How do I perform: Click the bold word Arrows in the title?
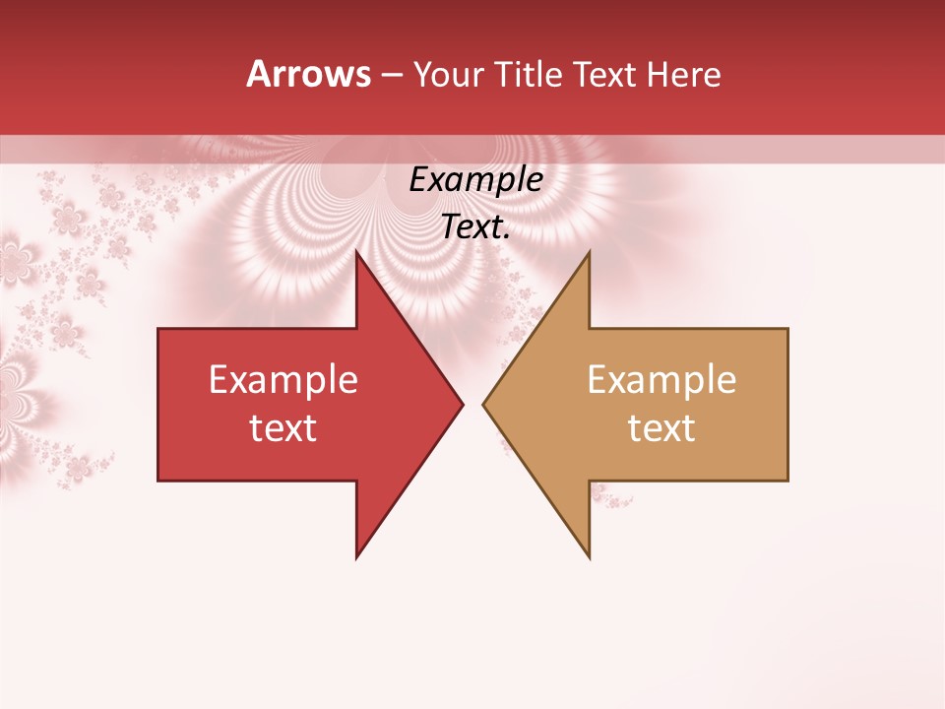pos(308,74)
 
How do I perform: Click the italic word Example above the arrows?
pos(475,180)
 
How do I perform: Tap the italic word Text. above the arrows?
pos(475,227)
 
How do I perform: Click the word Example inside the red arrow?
pos(283,379)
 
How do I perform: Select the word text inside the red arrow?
pos(283,428)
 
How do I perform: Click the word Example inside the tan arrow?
pos(661,379)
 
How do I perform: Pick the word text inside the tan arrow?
pos(661,428)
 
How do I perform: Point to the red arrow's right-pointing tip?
pos(463,404)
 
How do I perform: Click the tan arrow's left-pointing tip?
pos(483,404)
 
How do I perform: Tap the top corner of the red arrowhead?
pos(356,251)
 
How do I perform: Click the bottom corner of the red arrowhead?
pos(356,558)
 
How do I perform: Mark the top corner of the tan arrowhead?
pos(589,251)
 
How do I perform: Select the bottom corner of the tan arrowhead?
pos(589,558)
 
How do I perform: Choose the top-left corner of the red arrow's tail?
pos(158,329)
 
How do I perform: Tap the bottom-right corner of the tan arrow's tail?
pos(787,481)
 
